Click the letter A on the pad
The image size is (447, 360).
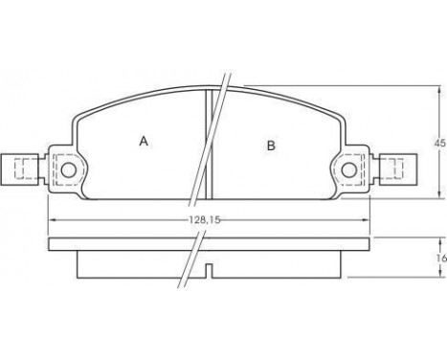click(x=144, y=141)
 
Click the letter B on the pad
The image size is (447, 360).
click(x=271, y=146)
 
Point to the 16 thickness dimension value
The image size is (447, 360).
click(x=440, y=258)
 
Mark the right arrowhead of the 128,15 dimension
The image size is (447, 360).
click(x=366, y=219)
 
